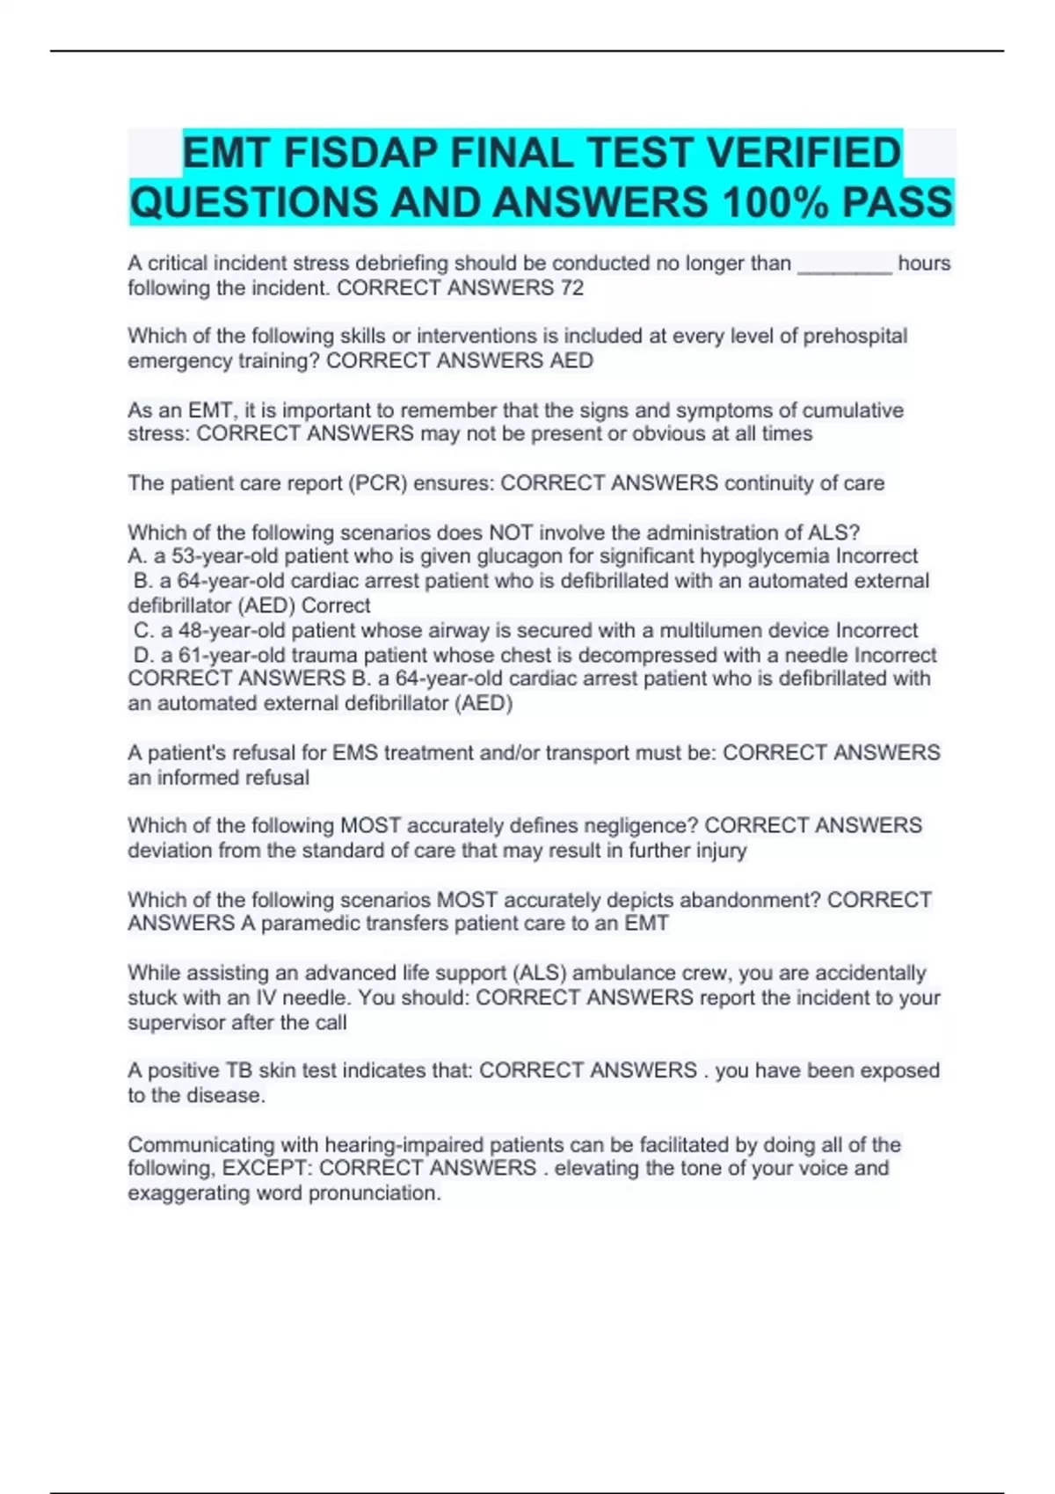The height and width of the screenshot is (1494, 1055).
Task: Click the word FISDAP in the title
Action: click(x=362, y=153)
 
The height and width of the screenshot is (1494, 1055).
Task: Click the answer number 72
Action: click(x=571, y=288)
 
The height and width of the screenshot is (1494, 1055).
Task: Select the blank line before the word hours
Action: click(x=844, y=264)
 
